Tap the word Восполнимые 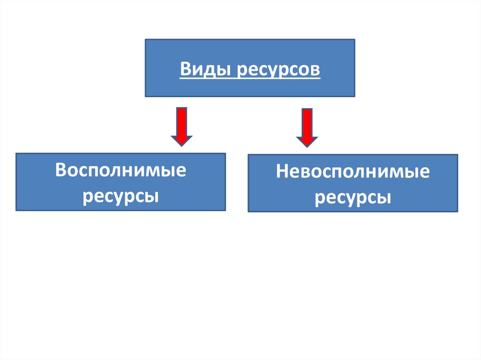[120, 170]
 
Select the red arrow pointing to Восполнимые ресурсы [181, 126]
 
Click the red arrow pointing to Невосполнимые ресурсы [307, 127]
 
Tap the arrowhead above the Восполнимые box [181, 139]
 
